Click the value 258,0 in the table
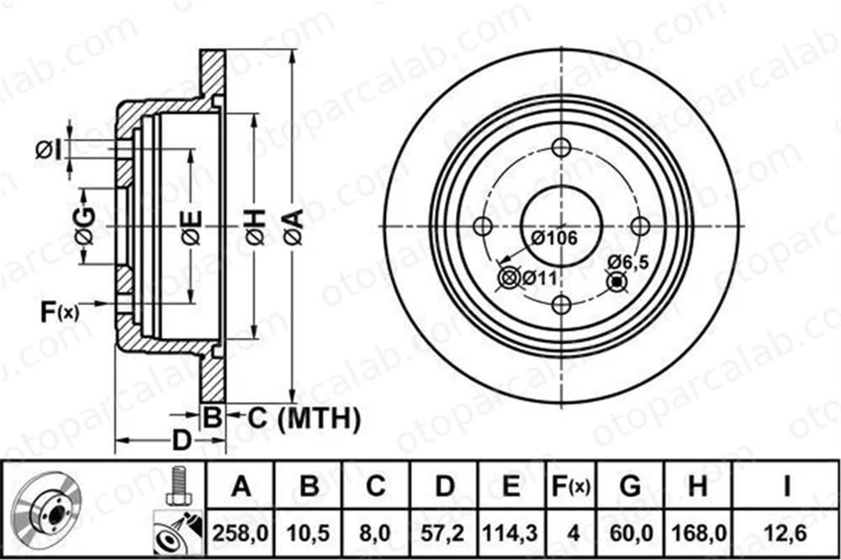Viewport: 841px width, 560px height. (241, 533)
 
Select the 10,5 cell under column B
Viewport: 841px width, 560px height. (309, 533)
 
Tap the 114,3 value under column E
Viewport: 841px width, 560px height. (510, 533)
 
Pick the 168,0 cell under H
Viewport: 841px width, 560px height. (699, 533)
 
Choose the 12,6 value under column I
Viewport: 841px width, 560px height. (786, 533)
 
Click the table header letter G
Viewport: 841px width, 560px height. (630, 486)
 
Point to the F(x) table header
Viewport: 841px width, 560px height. (572, 487)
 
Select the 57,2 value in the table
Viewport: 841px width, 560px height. (443, 533)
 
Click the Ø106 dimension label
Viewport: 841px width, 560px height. (554, 238)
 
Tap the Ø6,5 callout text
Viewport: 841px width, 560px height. (628, 262)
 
